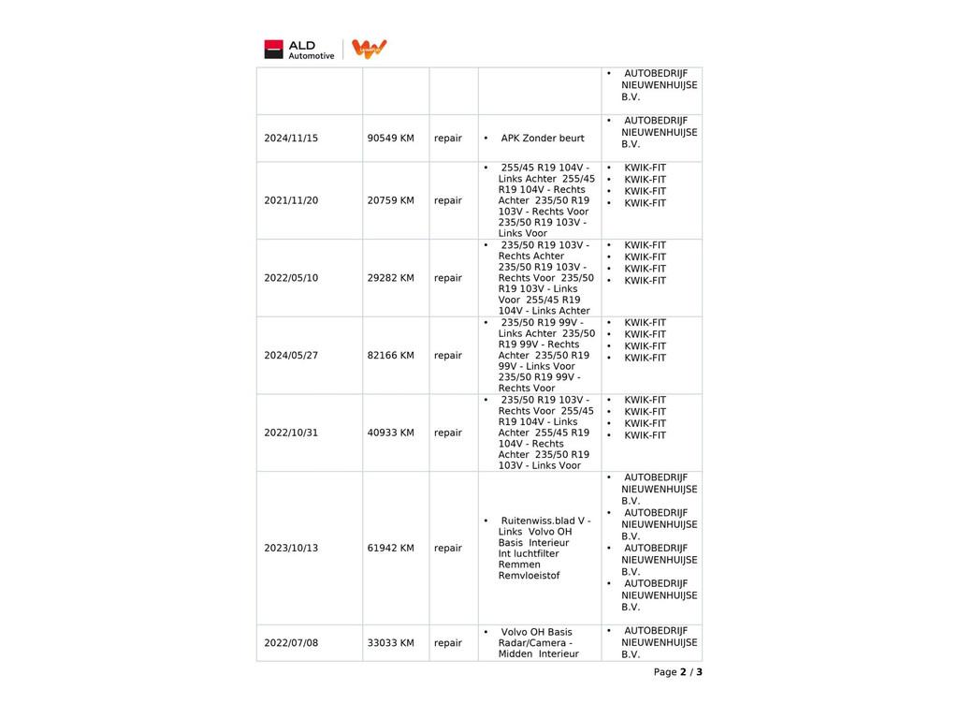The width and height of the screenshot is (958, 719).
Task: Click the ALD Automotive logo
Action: [x=299, y=50]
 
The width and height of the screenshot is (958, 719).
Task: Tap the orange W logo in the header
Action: [x=370, y=50]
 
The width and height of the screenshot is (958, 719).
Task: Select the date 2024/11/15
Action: [x=291, y=139]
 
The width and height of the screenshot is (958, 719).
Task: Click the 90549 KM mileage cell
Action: [x=390, y=139]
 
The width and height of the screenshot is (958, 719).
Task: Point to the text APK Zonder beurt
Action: [x=542, y=139]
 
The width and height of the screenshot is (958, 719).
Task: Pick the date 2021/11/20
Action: [x=291, y=200]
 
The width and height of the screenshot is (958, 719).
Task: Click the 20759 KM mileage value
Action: [x=390, y=200]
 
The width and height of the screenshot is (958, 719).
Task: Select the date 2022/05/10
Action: [x=291, y=278]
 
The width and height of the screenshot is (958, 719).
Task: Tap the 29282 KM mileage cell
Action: [x=390, y=278]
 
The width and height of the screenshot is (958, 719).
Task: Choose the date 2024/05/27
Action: [x=291, y=356]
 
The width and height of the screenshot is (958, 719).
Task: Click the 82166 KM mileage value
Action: [x=390, y=356]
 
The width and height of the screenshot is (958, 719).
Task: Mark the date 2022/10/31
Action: [x=291, y=433]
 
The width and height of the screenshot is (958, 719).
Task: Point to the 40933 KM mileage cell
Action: [x=390, y=433]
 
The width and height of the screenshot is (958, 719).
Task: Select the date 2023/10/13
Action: [x=291, y=549]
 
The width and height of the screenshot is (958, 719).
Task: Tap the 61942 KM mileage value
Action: [x=390, y=549]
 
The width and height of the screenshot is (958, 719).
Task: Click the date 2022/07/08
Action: [x=291, y=643]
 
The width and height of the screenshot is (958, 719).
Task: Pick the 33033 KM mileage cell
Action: [x=390, y=643]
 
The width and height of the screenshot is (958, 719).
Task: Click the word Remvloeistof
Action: [x=529, y=576]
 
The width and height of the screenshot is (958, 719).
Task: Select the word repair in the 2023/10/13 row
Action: [x=448, y=549]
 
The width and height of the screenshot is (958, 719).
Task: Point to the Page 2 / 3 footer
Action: [x=677, y=672]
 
